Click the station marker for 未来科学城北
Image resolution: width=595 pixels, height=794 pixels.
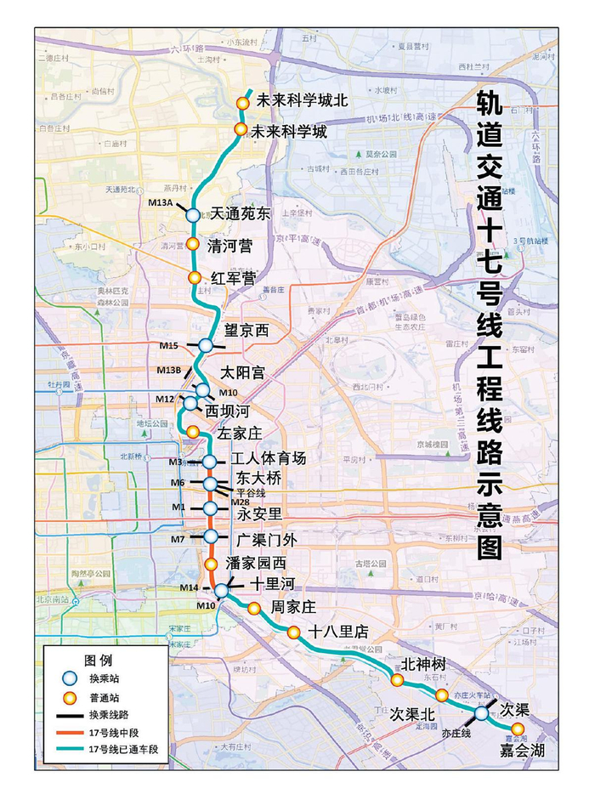[242, 102]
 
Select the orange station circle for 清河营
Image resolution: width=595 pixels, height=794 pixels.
[193, 245]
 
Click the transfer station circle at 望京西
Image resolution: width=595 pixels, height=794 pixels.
[205, 345]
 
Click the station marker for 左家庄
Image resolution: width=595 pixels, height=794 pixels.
[193, 432]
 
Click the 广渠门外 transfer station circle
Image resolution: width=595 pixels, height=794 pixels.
[212, 536]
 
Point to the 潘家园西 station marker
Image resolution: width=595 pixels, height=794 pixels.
[211, 564]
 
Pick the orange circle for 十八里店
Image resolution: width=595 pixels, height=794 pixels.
[293, 632]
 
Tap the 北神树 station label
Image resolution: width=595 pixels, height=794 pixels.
[422, 664]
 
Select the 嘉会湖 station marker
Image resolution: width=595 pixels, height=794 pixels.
[517, 729]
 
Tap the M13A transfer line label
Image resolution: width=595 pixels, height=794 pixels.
[160, 201]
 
